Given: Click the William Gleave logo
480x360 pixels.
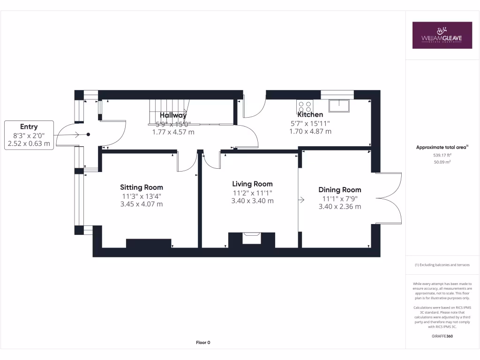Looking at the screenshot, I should click(442, 35).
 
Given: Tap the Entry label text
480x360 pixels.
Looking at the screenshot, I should click(29, 127).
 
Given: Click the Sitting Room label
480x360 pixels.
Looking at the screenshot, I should click(142, 187).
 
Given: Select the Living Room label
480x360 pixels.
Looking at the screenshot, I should click(253, 184).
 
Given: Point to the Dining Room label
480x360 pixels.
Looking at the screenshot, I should click(340, 190).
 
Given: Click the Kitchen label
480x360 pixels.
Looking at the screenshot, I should click(310, 114).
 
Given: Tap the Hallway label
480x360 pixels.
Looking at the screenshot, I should click(173, 115).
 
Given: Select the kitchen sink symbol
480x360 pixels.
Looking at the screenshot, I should click(338, 105).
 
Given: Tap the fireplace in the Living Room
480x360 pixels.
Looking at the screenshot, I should click(251, 239).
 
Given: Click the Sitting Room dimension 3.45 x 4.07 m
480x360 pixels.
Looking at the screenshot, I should click(142, 204).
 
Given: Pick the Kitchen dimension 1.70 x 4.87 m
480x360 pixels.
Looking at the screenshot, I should click(310, 132).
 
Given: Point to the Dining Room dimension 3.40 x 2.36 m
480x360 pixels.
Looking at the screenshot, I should click(340, 207).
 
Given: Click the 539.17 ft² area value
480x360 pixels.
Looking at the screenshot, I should click(442, 155).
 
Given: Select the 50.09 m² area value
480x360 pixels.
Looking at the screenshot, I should click(442, 162).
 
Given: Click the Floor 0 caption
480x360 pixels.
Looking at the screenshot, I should click(203, 343).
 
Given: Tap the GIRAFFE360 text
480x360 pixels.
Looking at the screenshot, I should click(442, 336).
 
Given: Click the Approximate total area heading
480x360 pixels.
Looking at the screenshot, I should click(442, 147).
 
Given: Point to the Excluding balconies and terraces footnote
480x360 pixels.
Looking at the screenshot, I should click(442, 265).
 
